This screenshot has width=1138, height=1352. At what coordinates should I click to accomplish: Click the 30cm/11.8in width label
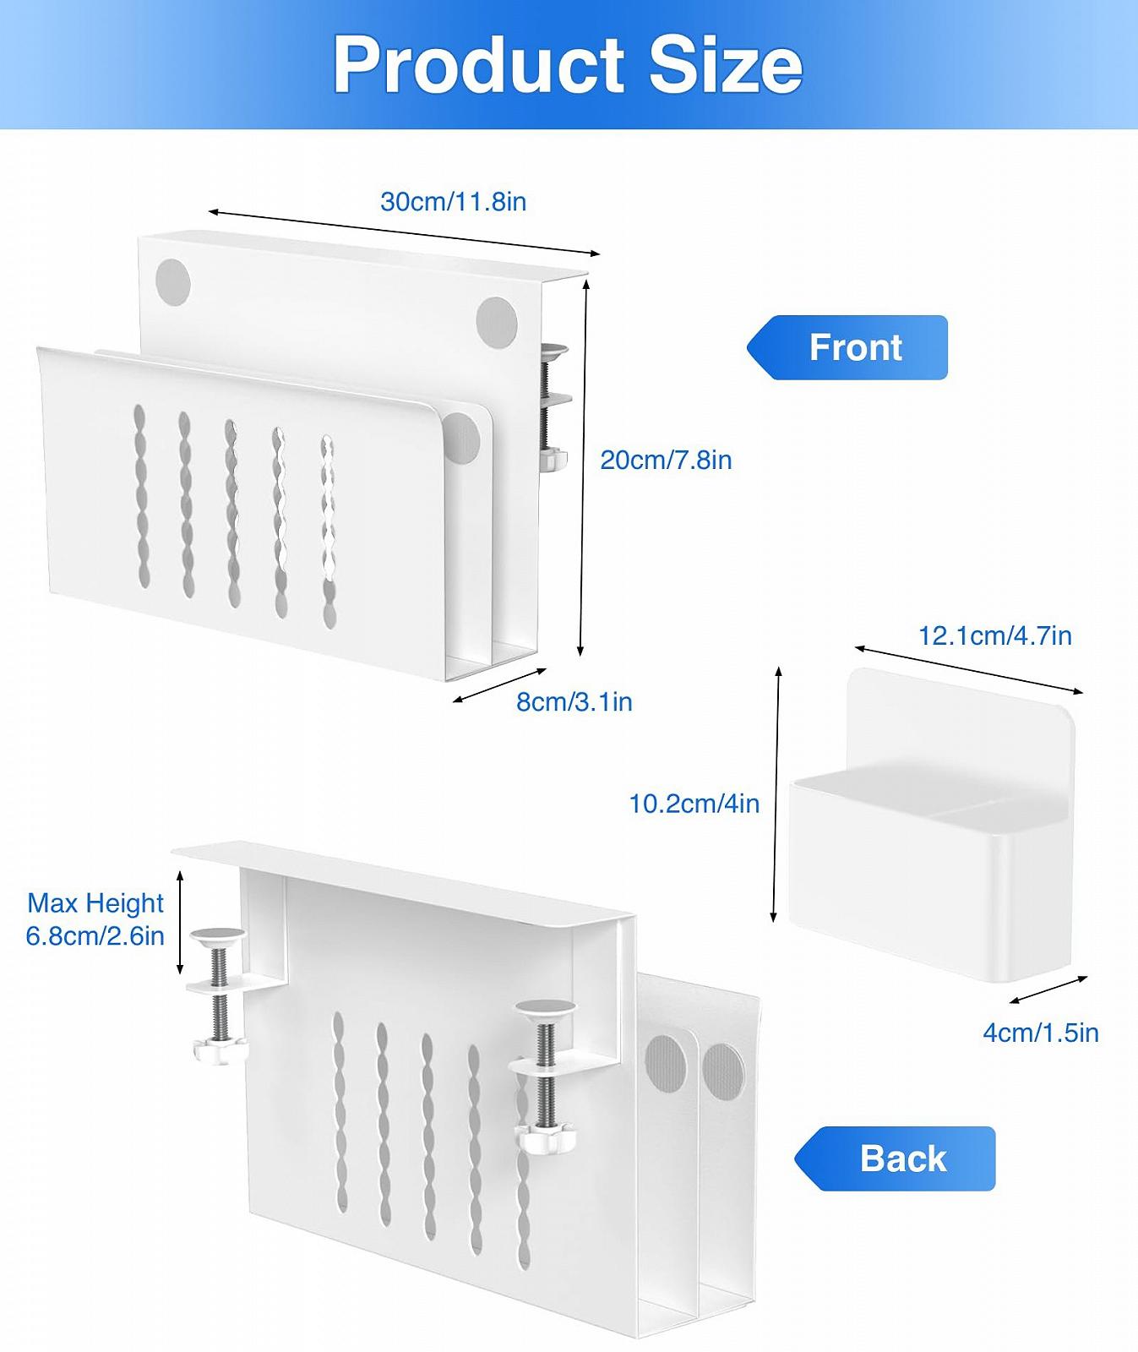(x=453, y=202)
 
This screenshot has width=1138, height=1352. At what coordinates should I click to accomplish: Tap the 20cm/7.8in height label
(x=666, y=461)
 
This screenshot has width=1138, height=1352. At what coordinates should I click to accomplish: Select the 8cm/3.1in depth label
(x=574, y=702)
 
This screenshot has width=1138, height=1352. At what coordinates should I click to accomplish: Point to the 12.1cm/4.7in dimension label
(x=994, y=635)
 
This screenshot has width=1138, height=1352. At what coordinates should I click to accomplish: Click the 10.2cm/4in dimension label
(x=694, y=804)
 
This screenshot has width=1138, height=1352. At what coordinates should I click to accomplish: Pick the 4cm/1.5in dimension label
(x=1040, y=1033)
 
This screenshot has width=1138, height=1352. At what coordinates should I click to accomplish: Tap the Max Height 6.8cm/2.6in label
(x=95, y=919)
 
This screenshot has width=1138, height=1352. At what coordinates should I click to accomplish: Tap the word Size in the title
(x=726, y=65)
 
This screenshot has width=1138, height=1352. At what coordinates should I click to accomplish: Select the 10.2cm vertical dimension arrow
(x=776, y=794)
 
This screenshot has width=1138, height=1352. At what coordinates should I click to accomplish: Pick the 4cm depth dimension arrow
(x=1048, y=989)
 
